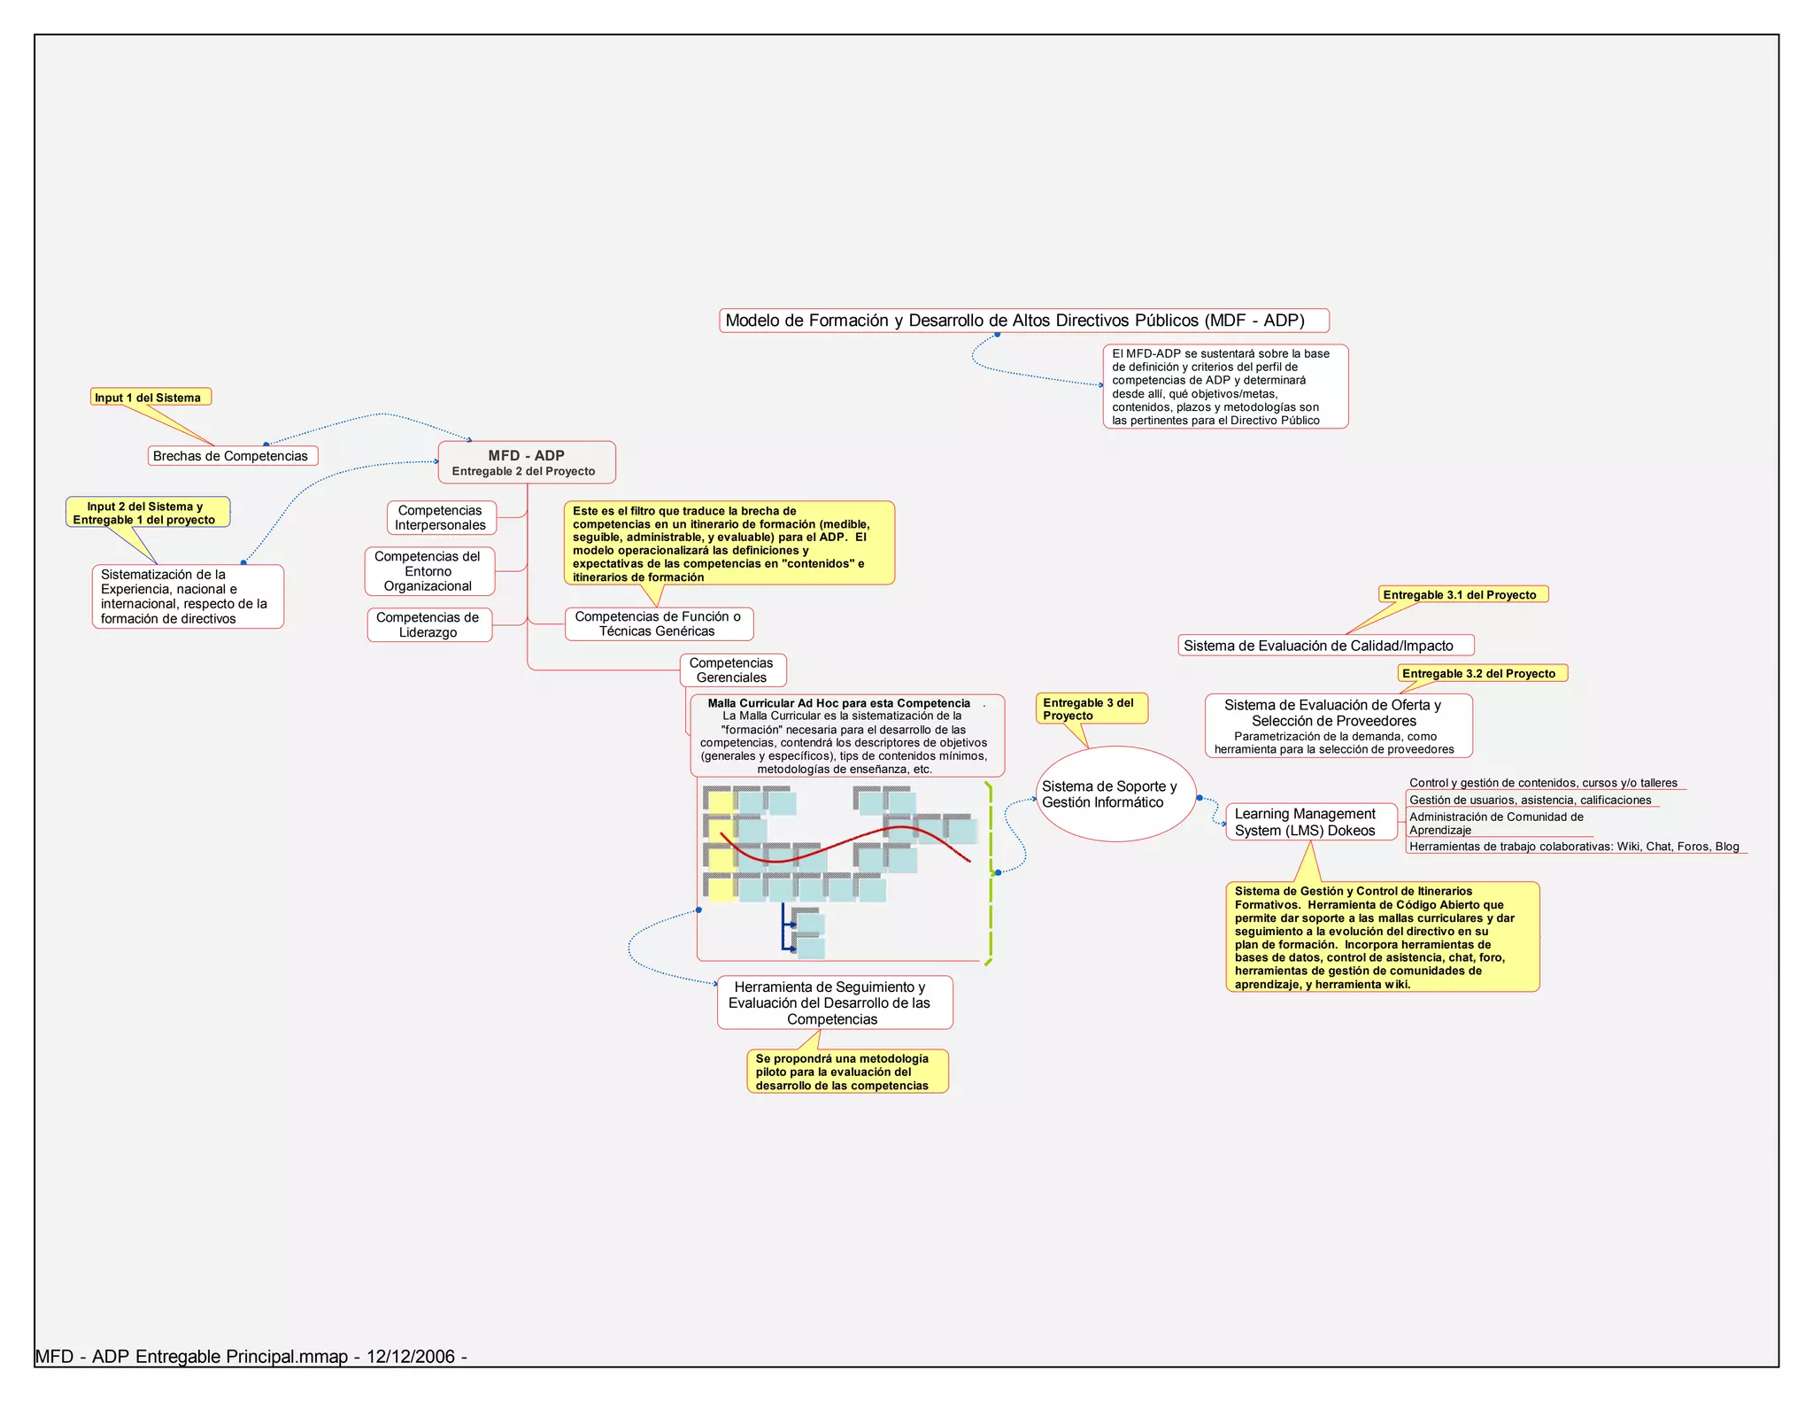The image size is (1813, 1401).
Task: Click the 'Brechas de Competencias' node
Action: (x=230, y=456)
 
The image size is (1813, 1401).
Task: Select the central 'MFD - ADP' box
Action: (x=527, y=462)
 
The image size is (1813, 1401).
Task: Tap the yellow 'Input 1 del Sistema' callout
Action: (x=150, y=398)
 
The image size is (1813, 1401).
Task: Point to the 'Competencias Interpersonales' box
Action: (x=441, y=518)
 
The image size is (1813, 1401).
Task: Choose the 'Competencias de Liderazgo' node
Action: (x=428, y=625)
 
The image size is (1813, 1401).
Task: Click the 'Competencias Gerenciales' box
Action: (x=732, y=670)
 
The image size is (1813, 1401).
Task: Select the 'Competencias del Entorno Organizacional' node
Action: (x=428, y=571)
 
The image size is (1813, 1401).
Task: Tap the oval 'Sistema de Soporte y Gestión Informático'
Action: (x=1115, y=794)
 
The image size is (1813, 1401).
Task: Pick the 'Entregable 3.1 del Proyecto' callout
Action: (x=1462, y=595)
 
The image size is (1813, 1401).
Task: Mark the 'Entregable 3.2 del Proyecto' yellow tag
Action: (x=1481, y=674)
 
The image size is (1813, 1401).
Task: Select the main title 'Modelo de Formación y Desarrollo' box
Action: (x=1023, y=321)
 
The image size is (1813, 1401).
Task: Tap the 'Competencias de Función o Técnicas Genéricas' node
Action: (x=659, y=624)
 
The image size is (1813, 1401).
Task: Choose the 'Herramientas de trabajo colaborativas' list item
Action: (x=1575, y=847)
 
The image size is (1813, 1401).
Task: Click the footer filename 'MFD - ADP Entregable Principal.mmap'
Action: (x=192, y=1357)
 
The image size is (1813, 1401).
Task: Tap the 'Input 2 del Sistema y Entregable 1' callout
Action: (x=146, y=513)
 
